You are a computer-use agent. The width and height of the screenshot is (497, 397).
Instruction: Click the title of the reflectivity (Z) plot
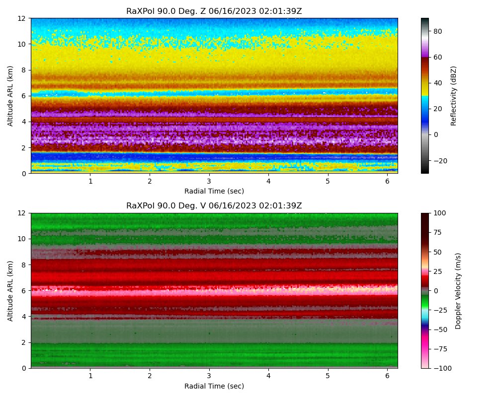[214, 11]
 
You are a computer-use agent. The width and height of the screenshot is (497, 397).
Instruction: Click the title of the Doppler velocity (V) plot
[214, 206]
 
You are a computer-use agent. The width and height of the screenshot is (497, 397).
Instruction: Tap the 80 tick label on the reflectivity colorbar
[437, 31]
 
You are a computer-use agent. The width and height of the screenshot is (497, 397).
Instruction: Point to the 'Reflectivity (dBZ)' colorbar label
[453, 96]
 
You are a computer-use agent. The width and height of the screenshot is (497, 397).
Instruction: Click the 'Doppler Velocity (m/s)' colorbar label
[458, 291]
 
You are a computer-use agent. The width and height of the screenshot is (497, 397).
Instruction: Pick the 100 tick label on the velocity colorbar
[440, 213]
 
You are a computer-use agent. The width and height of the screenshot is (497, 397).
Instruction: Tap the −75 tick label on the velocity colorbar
[440, 349]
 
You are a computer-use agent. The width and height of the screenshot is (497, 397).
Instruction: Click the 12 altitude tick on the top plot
[21, 18]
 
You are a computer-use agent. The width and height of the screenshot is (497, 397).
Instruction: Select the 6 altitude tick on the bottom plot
[24, 291]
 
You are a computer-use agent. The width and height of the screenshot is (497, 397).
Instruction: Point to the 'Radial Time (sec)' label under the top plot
[214, 191]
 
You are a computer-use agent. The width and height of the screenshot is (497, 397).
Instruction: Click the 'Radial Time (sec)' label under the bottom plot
[214, 386]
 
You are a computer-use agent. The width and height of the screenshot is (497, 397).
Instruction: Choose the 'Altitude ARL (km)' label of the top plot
[10, 96]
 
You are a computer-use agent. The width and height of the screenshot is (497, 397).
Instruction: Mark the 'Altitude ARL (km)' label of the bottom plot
[10, 291]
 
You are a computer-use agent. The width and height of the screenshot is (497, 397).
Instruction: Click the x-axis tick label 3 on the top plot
[209, 181]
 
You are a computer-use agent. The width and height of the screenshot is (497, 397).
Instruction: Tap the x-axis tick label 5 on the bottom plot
[328, 376]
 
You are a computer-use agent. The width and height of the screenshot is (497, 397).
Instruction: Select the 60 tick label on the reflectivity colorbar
[437, 57]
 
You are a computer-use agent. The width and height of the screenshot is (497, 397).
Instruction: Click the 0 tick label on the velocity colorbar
[435, 291]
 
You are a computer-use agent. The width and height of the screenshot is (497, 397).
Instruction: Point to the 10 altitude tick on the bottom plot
[21, 239]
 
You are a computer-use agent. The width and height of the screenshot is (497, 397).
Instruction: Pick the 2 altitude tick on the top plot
[24, 148]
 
